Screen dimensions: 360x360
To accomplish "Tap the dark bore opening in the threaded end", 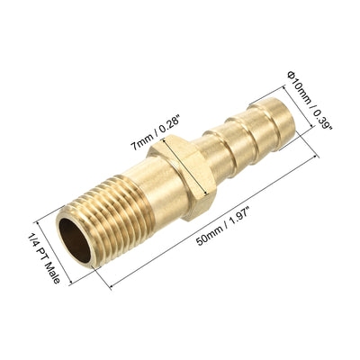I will point(75,243).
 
